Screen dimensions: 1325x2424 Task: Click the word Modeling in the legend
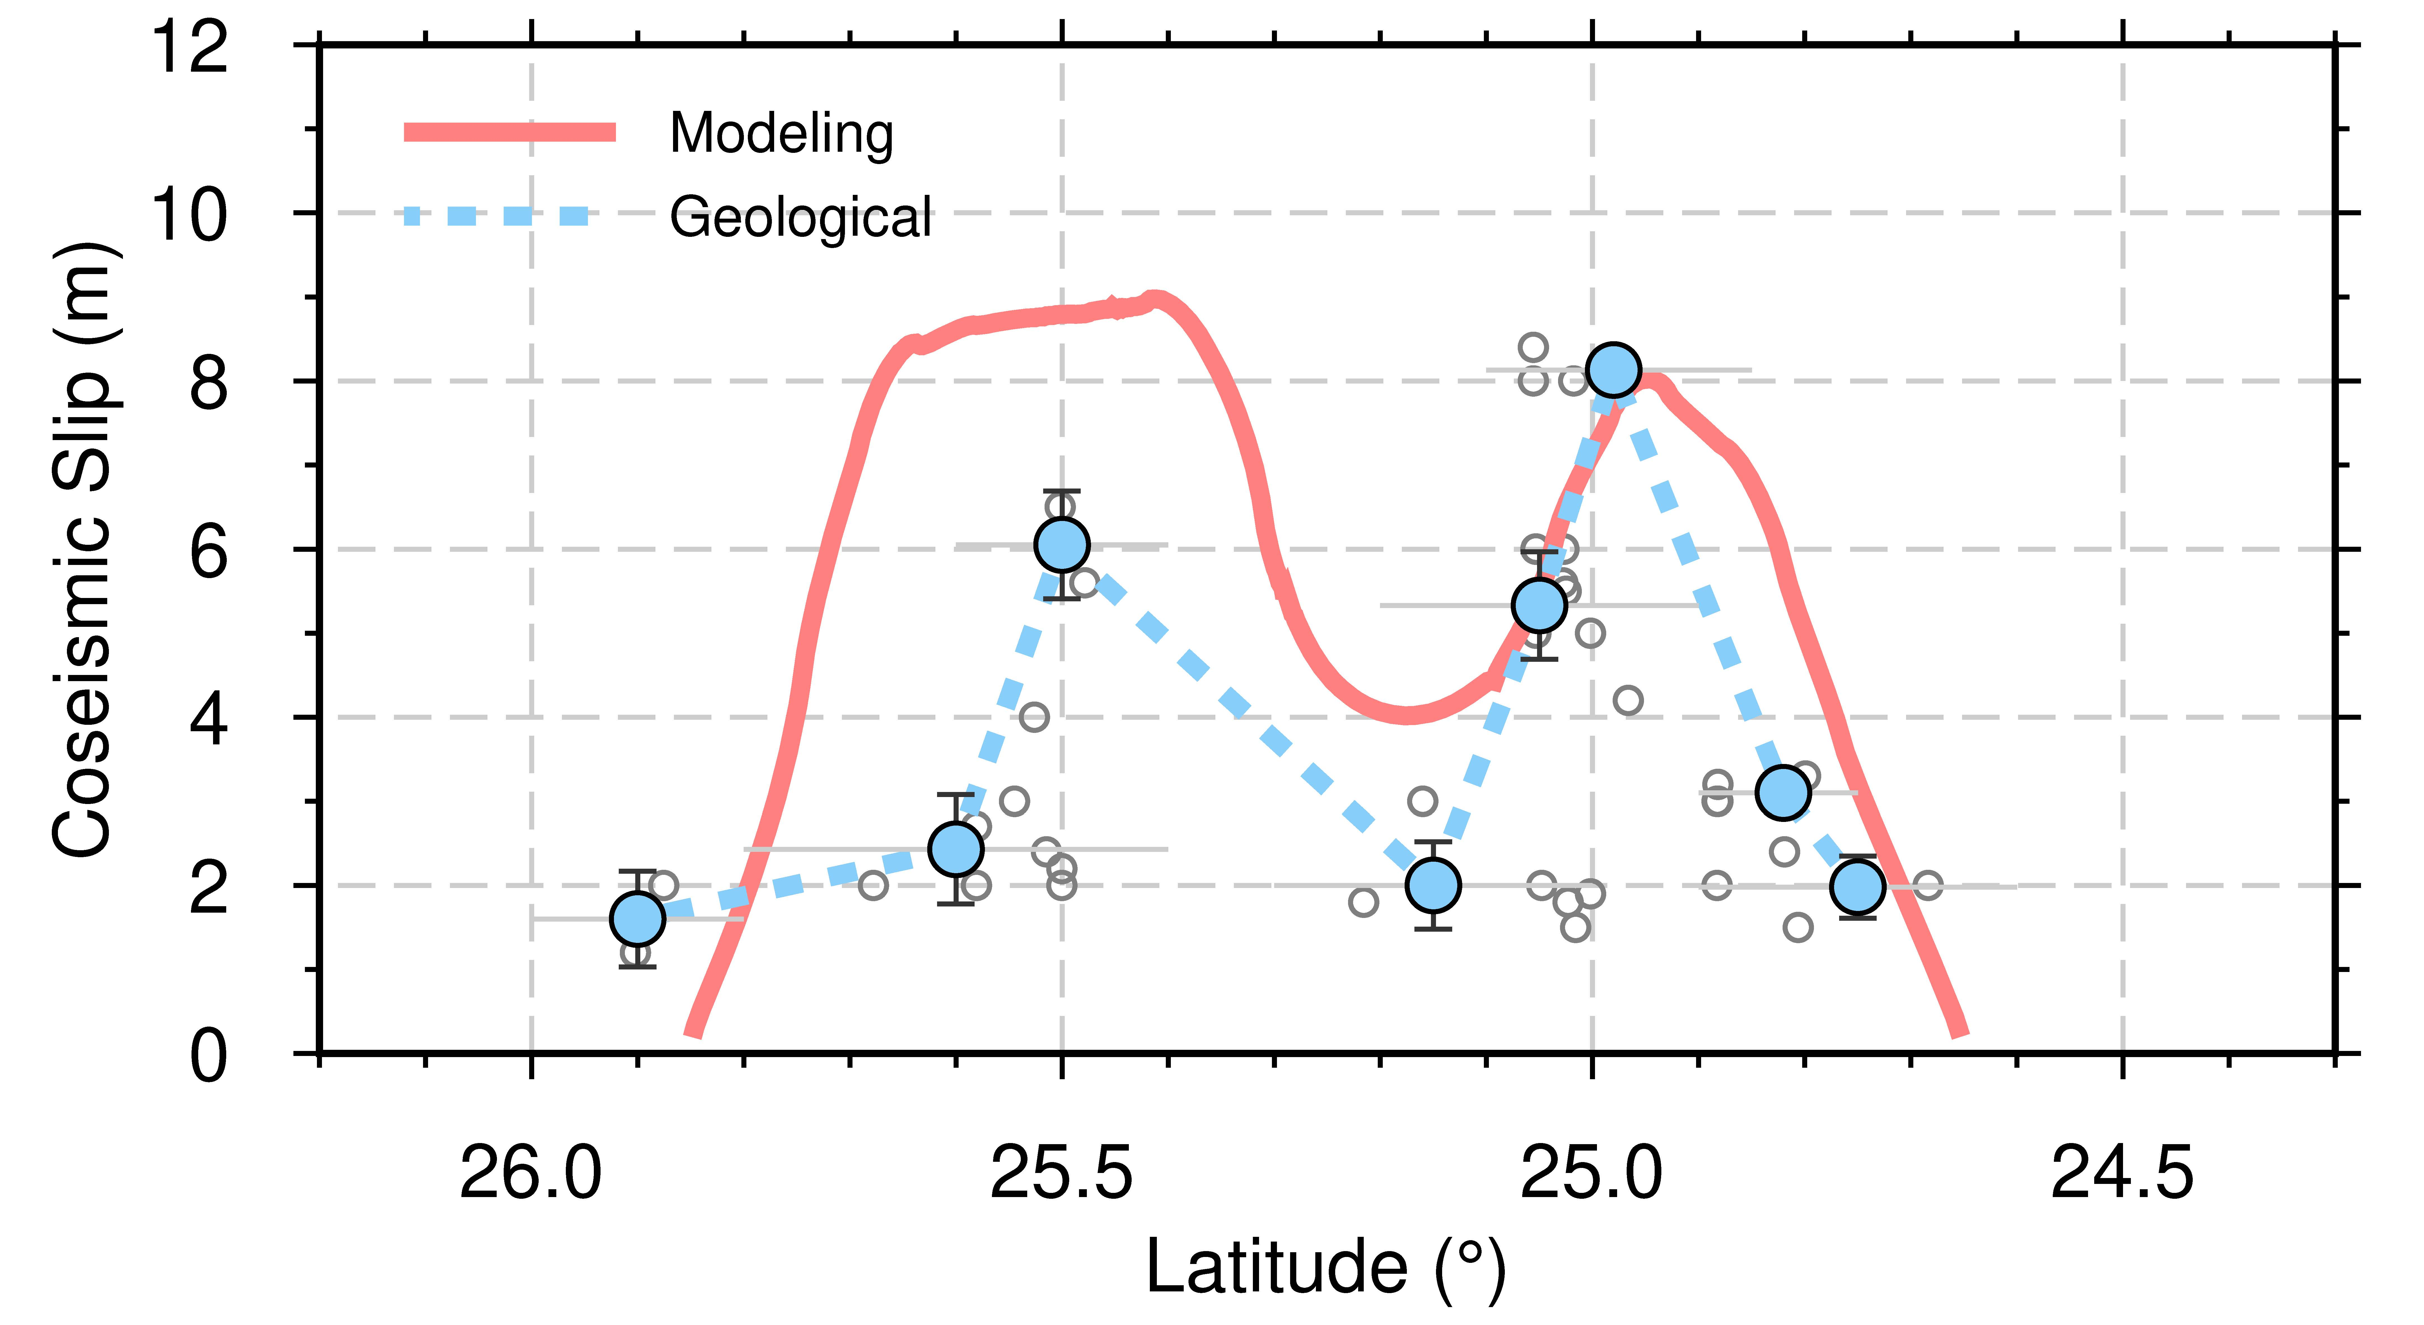point(781,134)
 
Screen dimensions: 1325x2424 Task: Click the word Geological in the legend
point(800,218)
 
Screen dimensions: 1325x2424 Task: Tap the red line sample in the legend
point(509,132)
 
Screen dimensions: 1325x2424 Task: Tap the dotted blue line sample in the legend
point(497,216)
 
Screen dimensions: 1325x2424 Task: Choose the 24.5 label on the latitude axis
point(2122,1174)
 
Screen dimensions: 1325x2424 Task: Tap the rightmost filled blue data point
point(1858,887)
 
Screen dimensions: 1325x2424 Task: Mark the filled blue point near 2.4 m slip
point(956,849)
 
